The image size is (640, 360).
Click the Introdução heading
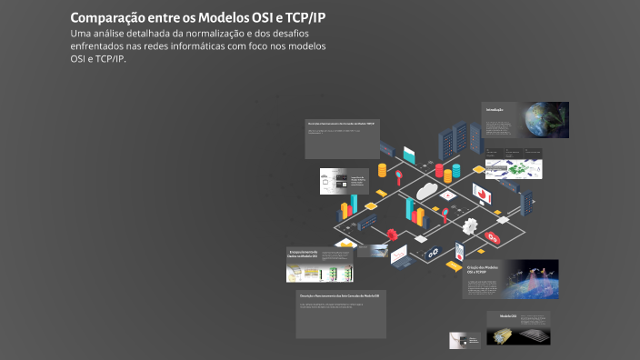pos(495,110)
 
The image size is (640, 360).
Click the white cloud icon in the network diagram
pos(428,192)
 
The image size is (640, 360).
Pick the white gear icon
pos(470,225)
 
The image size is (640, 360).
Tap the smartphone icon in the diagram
pos(459,250)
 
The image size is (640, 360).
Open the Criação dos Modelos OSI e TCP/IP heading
pos(483,270)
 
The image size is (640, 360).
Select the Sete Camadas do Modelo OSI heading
pos(338,296)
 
